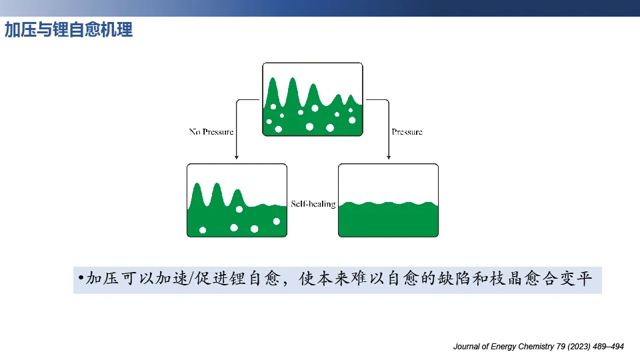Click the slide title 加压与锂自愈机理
click(69, 30)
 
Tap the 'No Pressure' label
click(211, 132)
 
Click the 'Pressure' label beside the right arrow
click(407, 132)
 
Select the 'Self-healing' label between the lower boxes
click(313, 204)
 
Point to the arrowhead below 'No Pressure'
click(236, 157)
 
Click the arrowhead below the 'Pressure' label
click(389, 157)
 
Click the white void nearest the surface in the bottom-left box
click(239, 209)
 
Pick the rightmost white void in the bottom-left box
click(276, 221)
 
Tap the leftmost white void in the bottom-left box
click(203, 230)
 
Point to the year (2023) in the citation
click(579, 347)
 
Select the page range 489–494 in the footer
click(608, 347)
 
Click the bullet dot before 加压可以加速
click(81, 278)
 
